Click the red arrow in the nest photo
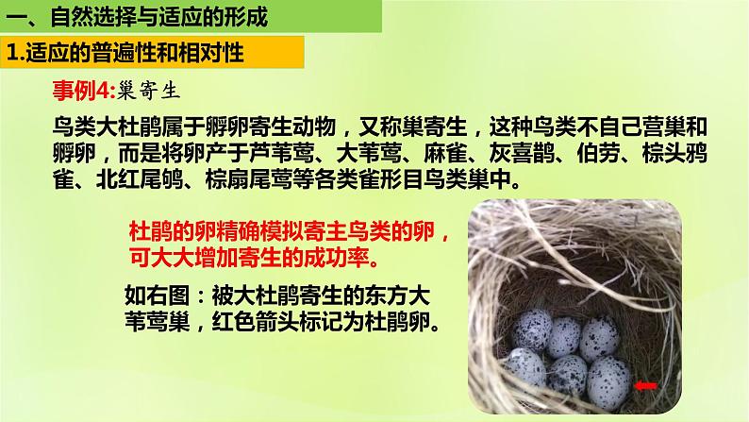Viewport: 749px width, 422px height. (x=646, y=385)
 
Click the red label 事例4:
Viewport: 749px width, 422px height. (x=82, y=90)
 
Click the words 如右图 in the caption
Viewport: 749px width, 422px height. (x=153, y=295)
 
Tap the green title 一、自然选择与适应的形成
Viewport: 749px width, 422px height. (x=136, y=16)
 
